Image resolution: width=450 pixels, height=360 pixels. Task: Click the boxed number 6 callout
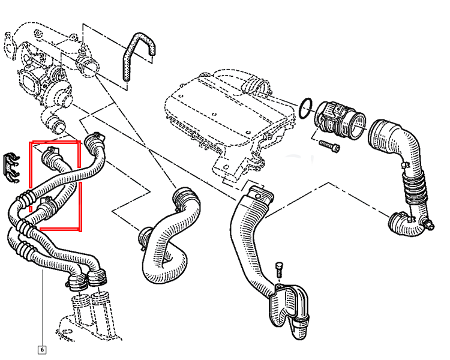(x=42, y=350)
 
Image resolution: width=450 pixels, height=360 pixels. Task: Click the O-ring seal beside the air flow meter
(x=305, y=108)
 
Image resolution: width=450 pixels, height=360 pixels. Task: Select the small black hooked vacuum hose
(x=138, y=55)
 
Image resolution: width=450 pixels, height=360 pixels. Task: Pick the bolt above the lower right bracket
(x=278, y=269)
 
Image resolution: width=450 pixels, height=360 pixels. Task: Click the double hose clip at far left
(x=11, y=169)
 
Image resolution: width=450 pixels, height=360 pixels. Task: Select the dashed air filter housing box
(x=230, y=124)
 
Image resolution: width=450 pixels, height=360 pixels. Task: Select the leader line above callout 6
(x=43, y=307)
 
